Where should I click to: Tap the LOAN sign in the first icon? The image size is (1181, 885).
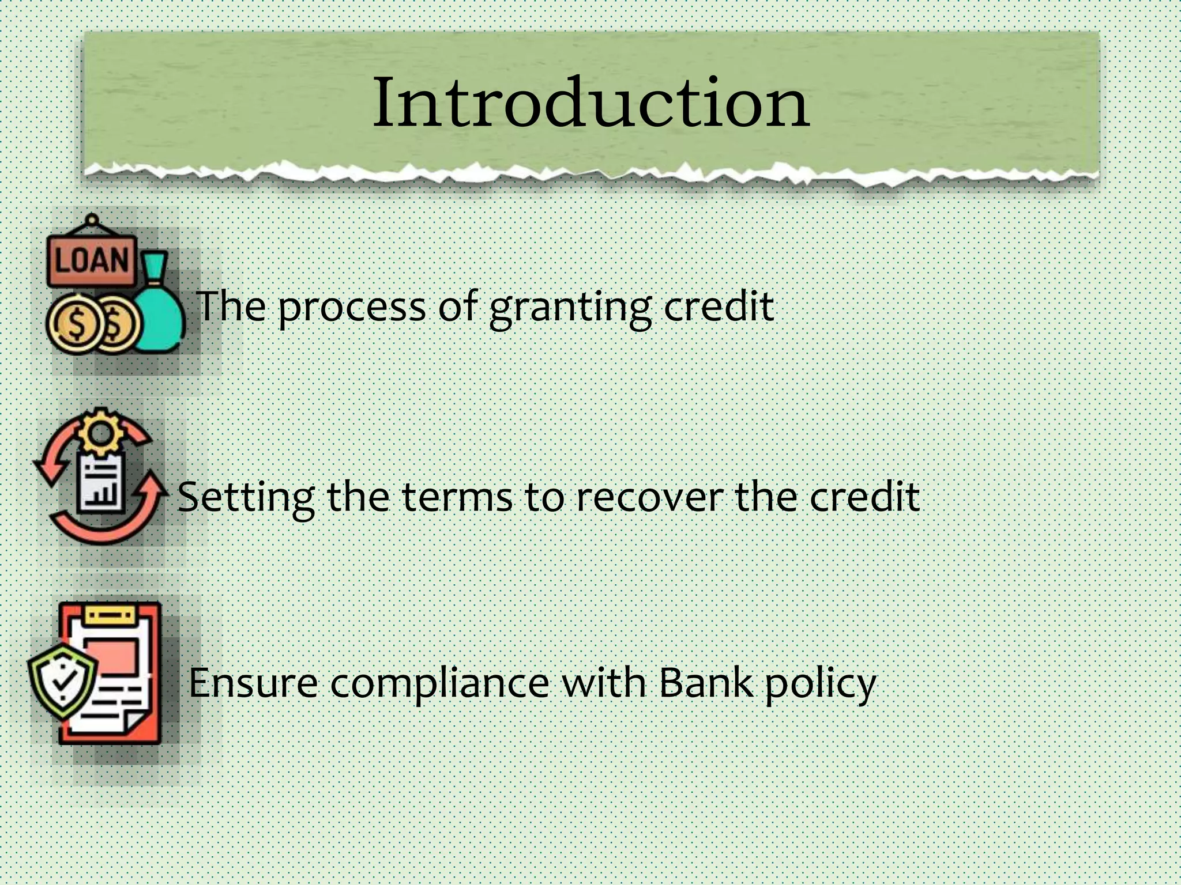[x=92, y=260]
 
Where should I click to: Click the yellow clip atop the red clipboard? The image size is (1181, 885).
[x=111, y=615]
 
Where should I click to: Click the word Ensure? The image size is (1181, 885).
[x=253, y=683]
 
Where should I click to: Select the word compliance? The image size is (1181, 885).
[x=439, y=683]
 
